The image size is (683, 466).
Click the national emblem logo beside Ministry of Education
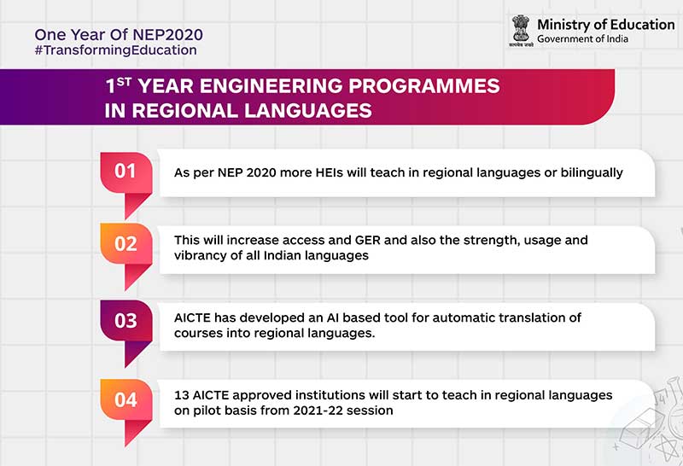click(x=521, y=30)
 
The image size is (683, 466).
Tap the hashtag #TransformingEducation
click(x=115, y=50)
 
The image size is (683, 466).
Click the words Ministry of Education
click(x=605, y=24)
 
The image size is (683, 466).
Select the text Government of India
click(x=583, y=39)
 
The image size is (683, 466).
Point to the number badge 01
click(x=126, y=171)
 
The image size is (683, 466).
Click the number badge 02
click(x=126, y=243)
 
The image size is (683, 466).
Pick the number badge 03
click(x=126, y=321)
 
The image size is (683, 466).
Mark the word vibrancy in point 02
click(x=199, y=256)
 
